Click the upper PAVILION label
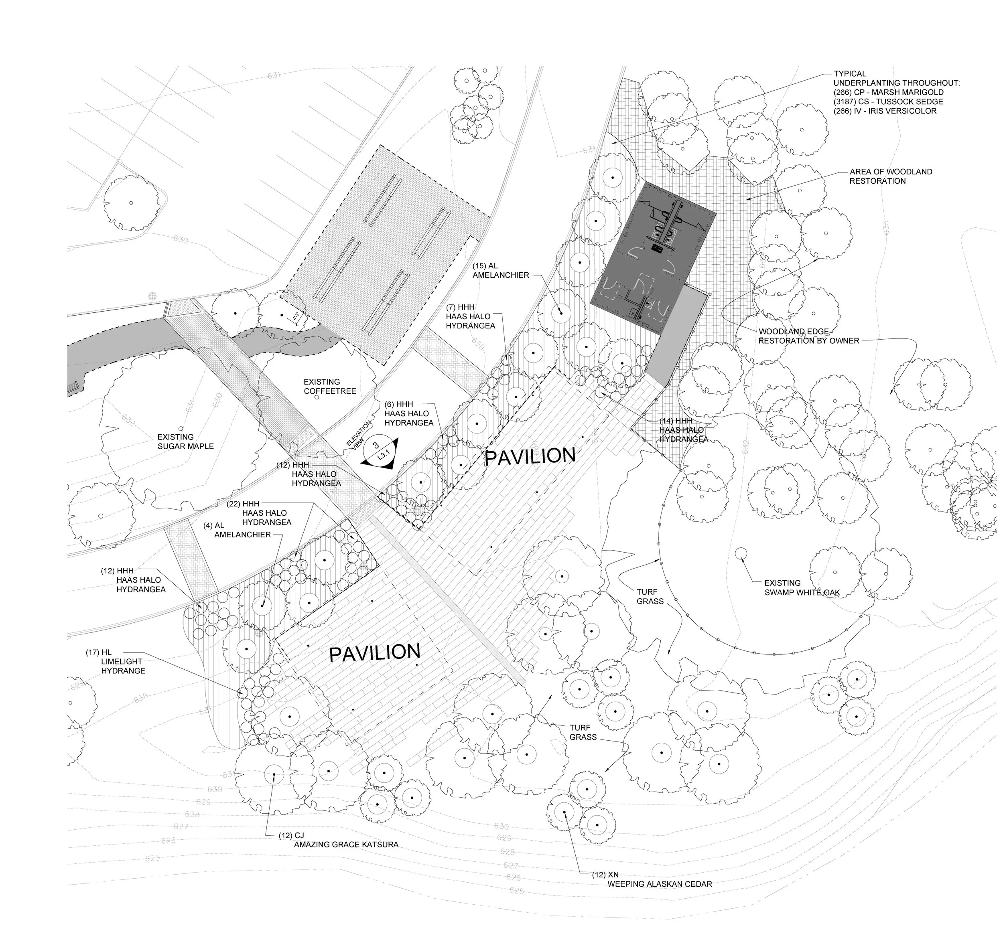coord(530,456)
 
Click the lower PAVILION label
coord(375,653)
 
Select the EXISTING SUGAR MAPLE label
coord(185,442)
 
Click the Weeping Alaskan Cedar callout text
coord(660,884)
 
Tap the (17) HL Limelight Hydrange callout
coord(116,661)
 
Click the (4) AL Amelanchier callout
coord(237,530)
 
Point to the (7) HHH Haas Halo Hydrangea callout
coord(470,316)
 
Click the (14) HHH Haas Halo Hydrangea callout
coord(683,430)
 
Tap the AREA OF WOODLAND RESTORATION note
coord(891,176)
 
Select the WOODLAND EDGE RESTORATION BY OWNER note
coord(808,336)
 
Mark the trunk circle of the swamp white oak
coord(741,553)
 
